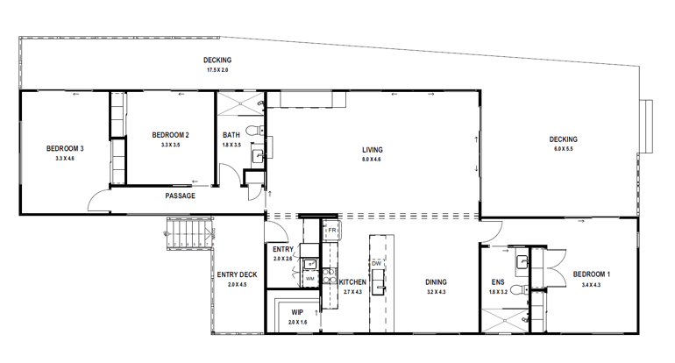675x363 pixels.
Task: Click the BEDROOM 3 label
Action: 65,148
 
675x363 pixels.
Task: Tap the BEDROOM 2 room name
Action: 170,134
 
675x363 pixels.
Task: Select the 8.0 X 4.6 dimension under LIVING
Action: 372,160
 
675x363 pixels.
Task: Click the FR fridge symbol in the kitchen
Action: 332,231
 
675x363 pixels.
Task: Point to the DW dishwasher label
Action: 376,263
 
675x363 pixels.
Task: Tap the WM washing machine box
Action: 310,279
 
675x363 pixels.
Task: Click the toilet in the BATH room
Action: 252,132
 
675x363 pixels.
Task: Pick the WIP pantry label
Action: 297,311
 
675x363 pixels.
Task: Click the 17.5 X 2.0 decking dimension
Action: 217,69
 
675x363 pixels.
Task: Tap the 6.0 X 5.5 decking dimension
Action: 563,149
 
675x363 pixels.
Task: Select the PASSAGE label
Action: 180,196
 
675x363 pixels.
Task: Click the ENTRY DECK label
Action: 238,274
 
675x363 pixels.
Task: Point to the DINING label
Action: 436,281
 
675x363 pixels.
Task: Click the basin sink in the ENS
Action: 521,260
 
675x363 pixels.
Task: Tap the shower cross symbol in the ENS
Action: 504,323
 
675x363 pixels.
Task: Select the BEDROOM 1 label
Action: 592,274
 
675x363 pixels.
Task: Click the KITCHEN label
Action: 353,281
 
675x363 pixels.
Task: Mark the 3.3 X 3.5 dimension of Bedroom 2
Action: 170,144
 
